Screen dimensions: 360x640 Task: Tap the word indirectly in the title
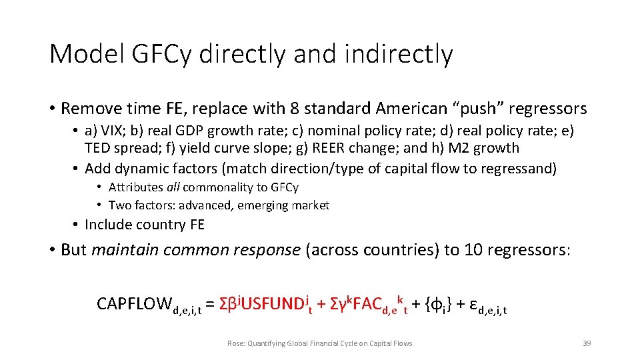(x=398, y=53)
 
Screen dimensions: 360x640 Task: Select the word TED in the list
(x=97, y=148)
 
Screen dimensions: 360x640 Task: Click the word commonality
(x=219, y=187)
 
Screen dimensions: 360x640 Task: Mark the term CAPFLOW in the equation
(x=134, y=305)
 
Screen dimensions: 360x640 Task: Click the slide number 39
(x=587, y=343)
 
